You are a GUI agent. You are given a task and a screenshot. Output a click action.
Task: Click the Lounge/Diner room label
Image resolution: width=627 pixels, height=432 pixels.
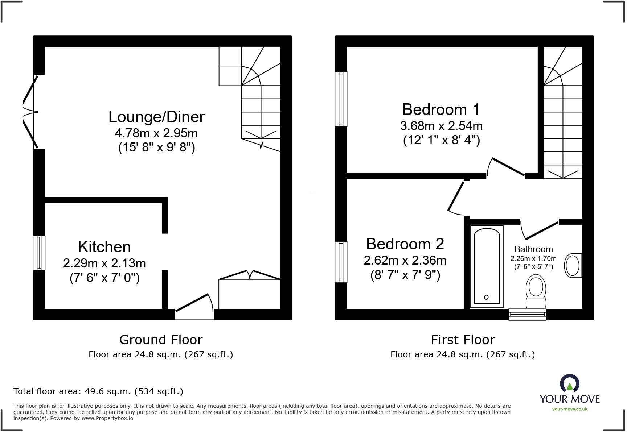pos(156,117)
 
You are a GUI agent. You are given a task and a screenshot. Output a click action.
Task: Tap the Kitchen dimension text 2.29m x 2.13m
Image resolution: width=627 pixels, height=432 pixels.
pos(104,263)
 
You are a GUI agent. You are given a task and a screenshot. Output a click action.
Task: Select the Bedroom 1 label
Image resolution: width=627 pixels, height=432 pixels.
pos(441,109)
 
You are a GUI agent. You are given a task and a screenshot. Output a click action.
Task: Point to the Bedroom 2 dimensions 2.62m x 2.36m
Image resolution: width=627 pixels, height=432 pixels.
pos(405,260)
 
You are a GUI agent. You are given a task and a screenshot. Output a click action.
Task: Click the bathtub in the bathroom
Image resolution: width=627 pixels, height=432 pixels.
pos(487,267)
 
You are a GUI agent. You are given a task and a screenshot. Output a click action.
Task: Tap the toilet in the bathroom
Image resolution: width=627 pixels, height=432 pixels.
pos(536,292)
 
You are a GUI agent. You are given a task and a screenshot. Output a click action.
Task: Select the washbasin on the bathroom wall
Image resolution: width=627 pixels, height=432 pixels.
pos(573,266)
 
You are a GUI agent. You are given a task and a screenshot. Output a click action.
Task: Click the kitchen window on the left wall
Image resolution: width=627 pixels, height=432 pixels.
pos(39,253)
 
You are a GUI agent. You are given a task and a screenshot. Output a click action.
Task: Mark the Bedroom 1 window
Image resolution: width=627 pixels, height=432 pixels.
pos(341,99)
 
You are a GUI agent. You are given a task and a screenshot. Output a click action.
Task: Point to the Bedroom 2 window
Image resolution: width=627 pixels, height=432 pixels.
pos(341,262)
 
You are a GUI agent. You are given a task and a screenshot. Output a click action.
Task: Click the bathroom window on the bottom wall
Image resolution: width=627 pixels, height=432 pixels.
pos(527,314)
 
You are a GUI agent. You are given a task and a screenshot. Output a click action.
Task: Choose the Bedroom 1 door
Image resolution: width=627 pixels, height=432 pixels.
pos(506,167)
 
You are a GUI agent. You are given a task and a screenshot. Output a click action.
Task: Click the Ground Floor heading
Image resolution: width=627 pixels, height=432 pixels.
pos(161,340)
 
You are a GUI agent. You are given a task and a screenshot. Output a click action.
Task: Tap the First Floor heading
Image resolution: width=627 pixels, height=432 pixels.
pos(463,340)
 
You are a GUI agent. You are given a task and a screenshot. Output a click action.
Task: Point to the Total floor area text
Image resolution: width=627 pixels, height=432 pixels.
pos(98,391)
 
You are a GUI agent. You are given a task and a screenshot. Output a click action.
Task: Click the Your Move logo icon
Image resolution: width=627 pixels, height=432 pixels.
pos(569,383)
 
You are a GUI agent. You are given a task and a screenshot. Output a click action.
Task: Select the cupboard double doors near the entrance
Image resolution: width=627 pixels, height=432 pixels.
pos(250,275)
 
